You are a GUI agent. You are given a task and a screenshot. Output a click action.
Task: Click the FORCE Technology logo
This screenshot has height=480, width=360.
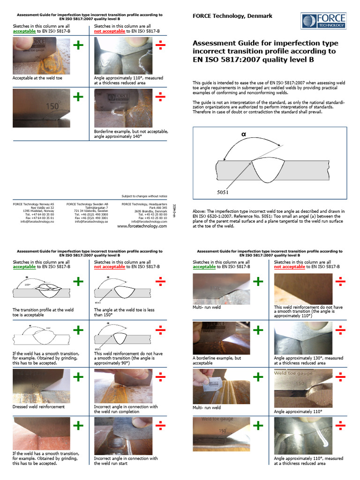(323, 21)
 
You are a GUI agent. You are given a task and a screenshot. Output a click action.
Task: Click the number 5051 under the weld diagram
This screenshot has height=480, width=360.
(224, 191)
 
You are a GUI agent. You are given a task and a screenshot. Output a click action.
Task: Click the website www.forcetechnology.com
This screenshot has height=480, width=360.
(142, 226)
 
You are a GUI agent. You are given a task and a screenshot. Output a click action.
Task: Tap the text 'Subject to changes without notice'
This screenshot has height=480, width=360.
(144, 196)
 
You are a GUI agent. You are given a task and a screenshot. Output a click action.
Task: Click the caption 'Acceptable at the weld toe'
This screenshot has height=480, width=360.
(37, 78)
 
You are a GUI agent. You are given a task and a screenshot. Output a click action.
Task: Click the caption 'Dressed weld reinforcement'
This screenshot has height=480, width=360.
(38, 406)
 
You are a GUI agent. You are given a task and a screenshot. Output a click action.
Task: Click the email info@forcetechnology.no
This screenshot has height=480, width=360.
(34, 221)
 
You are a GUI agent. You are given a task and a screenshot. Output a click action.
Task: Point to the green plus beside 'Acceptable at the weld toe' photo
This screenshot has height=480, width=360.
(78, 45)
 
